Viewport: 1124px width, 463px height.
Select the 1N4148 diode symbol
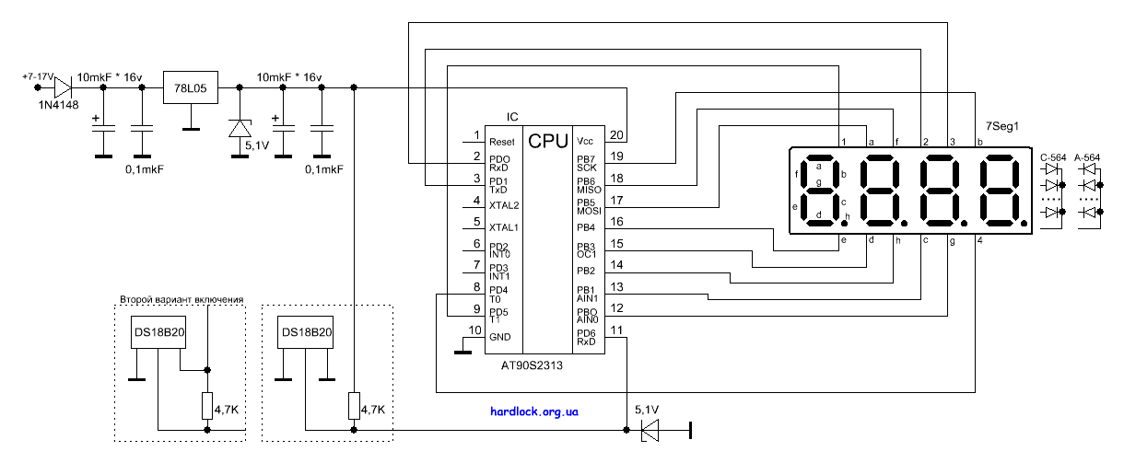click(x=63, y=87)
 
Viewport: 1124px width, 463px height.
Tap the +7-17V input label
click(x=38, y=75)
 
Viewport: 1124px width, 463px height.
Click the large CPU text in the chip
click(x=548, y=142)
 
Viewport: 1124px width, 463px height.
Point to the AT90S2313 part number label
click(x=532, y=365)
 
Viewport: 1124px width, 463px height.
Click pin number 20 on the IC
click(x=616, y=135)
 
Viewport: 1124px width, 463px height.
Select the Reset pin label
click(x=502, y=142)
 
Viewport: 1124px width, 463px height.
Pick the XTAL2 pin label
click(x=505, y=204)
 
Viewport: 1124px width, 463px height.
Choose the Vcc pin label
click(x=585, y=142)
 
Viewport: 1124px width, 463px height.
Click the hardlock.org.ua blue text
click(x=534, y=413)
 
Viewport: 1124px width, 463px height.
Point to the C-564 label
click(x=1052, y=158)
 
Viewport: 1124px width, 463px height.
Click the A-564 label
click(x=1088, y=158)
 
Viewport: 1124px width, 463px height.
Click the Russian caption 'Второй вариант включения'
click(x=181, y=299)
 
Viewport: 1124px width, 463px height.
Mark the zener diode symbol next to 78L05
click(x=240, y=128)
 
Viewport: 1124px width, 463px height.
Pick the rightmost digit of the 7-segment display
click(x=1001, y=191)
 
